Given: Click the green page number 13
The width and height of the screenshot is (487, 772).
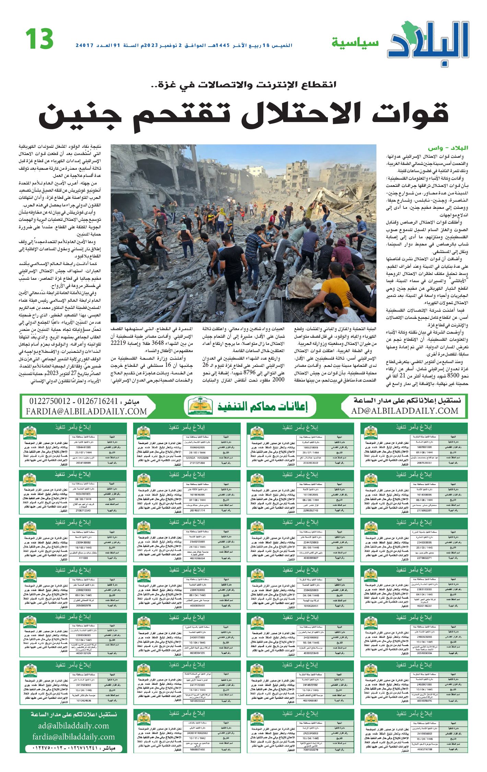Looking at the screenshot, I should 39,39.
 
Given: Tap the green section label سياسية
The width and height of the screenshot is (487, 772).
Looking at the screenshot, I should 355,43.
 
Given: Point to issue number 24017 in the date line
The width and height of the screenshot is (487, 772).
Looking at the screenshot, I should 85,45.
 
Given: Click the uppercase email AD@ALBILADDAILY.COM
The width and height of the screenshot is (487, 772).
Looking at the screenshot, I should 404,411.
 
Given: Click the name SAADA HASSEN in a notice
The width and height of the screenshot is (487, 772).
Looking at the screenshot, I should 197,458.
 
